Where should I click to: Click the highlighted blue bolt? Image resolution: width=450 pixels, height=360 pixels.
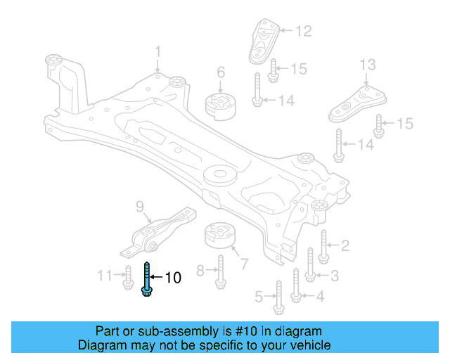click(147, 279)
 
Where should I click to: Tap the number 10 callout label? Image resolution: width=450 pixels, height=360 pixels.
click(172, 278)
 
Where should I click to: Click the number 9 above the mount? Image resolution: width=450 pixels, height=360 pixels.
click(139, 207)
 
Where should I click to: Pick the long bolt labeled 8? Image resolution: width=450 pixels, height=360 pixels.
click(219, 269)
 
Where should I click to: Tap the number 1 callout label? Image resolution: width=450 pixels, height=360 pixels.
click(158, 51)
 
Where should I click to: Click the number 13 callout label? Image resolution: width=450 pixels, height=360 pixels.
click(368, 65)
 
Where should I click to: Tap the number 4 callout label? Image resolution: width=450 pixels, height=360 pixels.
click(320, 296)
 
